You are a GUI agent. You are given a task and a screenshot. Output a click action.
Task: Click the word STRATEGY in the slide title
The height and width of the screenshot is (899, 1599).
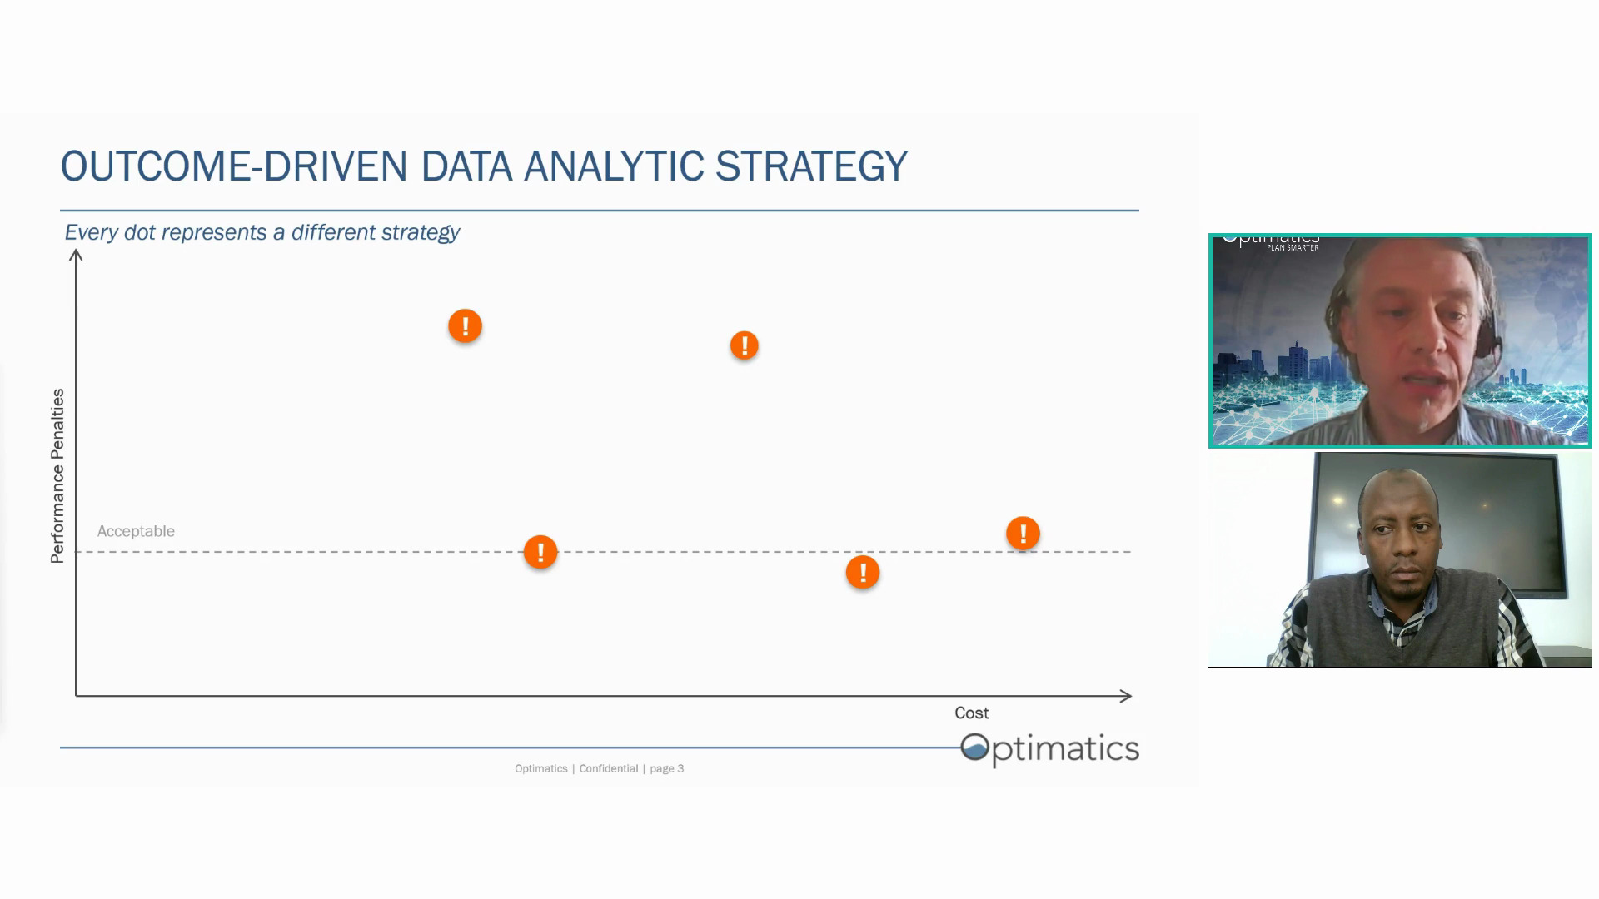pos(811,166)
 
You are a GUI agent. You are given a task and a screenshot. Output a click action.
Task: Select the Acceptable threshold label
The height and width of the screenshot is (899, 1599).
pos(136,531)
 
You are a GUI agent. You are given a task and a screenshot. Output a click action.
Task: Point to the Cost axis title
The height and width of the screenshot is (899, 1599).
pos(971,713)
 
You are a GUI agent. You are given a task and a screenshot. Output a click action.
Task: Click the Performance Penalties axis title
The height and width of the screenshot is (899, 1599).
pos(57,476)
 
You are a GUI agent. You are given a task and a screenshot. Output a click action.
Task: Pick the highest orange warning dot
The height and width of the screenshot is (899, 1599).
pos(465,325)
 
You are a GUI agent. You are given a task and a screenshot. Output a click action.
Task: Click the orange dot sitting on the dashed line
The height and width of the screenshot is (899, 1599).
pos(540,552)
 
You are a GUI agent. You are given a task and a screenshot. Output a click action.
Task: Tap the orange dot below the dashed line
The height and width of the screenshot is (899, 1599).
pos(863,573)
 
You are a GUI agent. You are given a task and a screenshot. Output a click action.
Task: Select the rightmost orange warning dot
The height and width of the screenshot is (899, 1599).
pos(1023,534)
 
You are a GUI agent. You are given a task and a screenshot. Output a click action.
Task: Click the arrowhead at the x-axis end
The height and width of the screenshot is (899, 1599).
pos(1126,696)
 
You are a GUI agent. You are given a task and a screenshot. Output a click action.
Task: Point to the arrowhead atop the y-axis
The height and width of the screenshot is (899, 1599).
pos(76,256)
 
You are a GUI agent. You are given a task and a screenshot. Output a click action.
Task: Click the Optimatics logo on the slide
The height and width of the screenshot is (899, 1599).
pos(1049,748)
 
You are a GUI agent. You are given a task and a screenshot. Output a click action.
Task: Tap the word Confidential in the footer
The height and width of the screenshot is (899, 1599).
pos(609,769)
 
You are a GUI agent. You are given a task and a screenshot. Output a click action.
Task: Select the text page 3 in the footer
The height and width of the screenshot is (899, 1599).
pos(666,769)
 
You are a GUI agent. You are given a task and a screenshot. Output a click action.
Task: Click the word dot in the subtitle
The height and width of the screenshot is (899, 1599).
pos(140,232)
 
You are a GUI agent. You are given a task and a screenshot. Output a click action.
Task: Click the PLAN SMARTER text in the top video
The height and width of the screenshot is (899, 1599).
pos(1293,248)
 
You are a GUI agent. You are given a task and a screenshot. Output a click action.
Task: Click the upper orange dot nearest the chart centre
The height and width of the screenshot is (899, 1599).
pos(745,345)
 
